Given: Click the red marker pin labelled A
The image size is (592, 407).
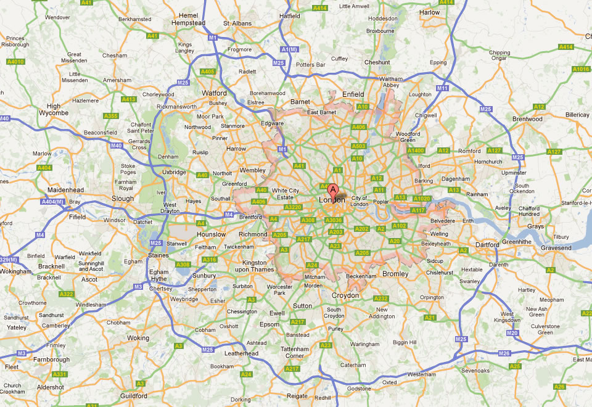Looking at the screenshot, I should click(x=333, y=190).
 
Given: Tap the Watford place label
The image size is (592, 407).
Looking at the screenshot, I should click(x=214, y=94).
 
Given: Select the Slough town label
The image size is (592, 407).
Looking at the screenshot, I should click(x=122, y=199).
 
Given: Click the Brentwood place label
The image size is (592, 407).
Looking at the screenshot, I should click(x=527, y=119).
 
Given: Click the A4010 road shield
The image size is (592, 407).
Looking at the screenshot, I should click(x=15, y=62).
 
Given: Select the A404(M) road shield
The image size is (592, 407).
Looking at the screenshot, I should click(x=52, y=202).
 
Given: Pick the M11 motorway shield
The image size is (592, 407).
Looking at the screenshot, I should click(x=442, y=89).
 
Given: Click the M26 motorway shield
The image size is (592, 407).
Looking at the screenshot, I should click(x=504, y=353).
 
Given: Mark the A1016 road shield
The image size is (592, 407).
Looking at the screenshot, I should click(x=581, y=69).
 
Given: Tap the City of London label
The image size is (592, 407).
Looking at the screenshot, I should click(x=359, y=201).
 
